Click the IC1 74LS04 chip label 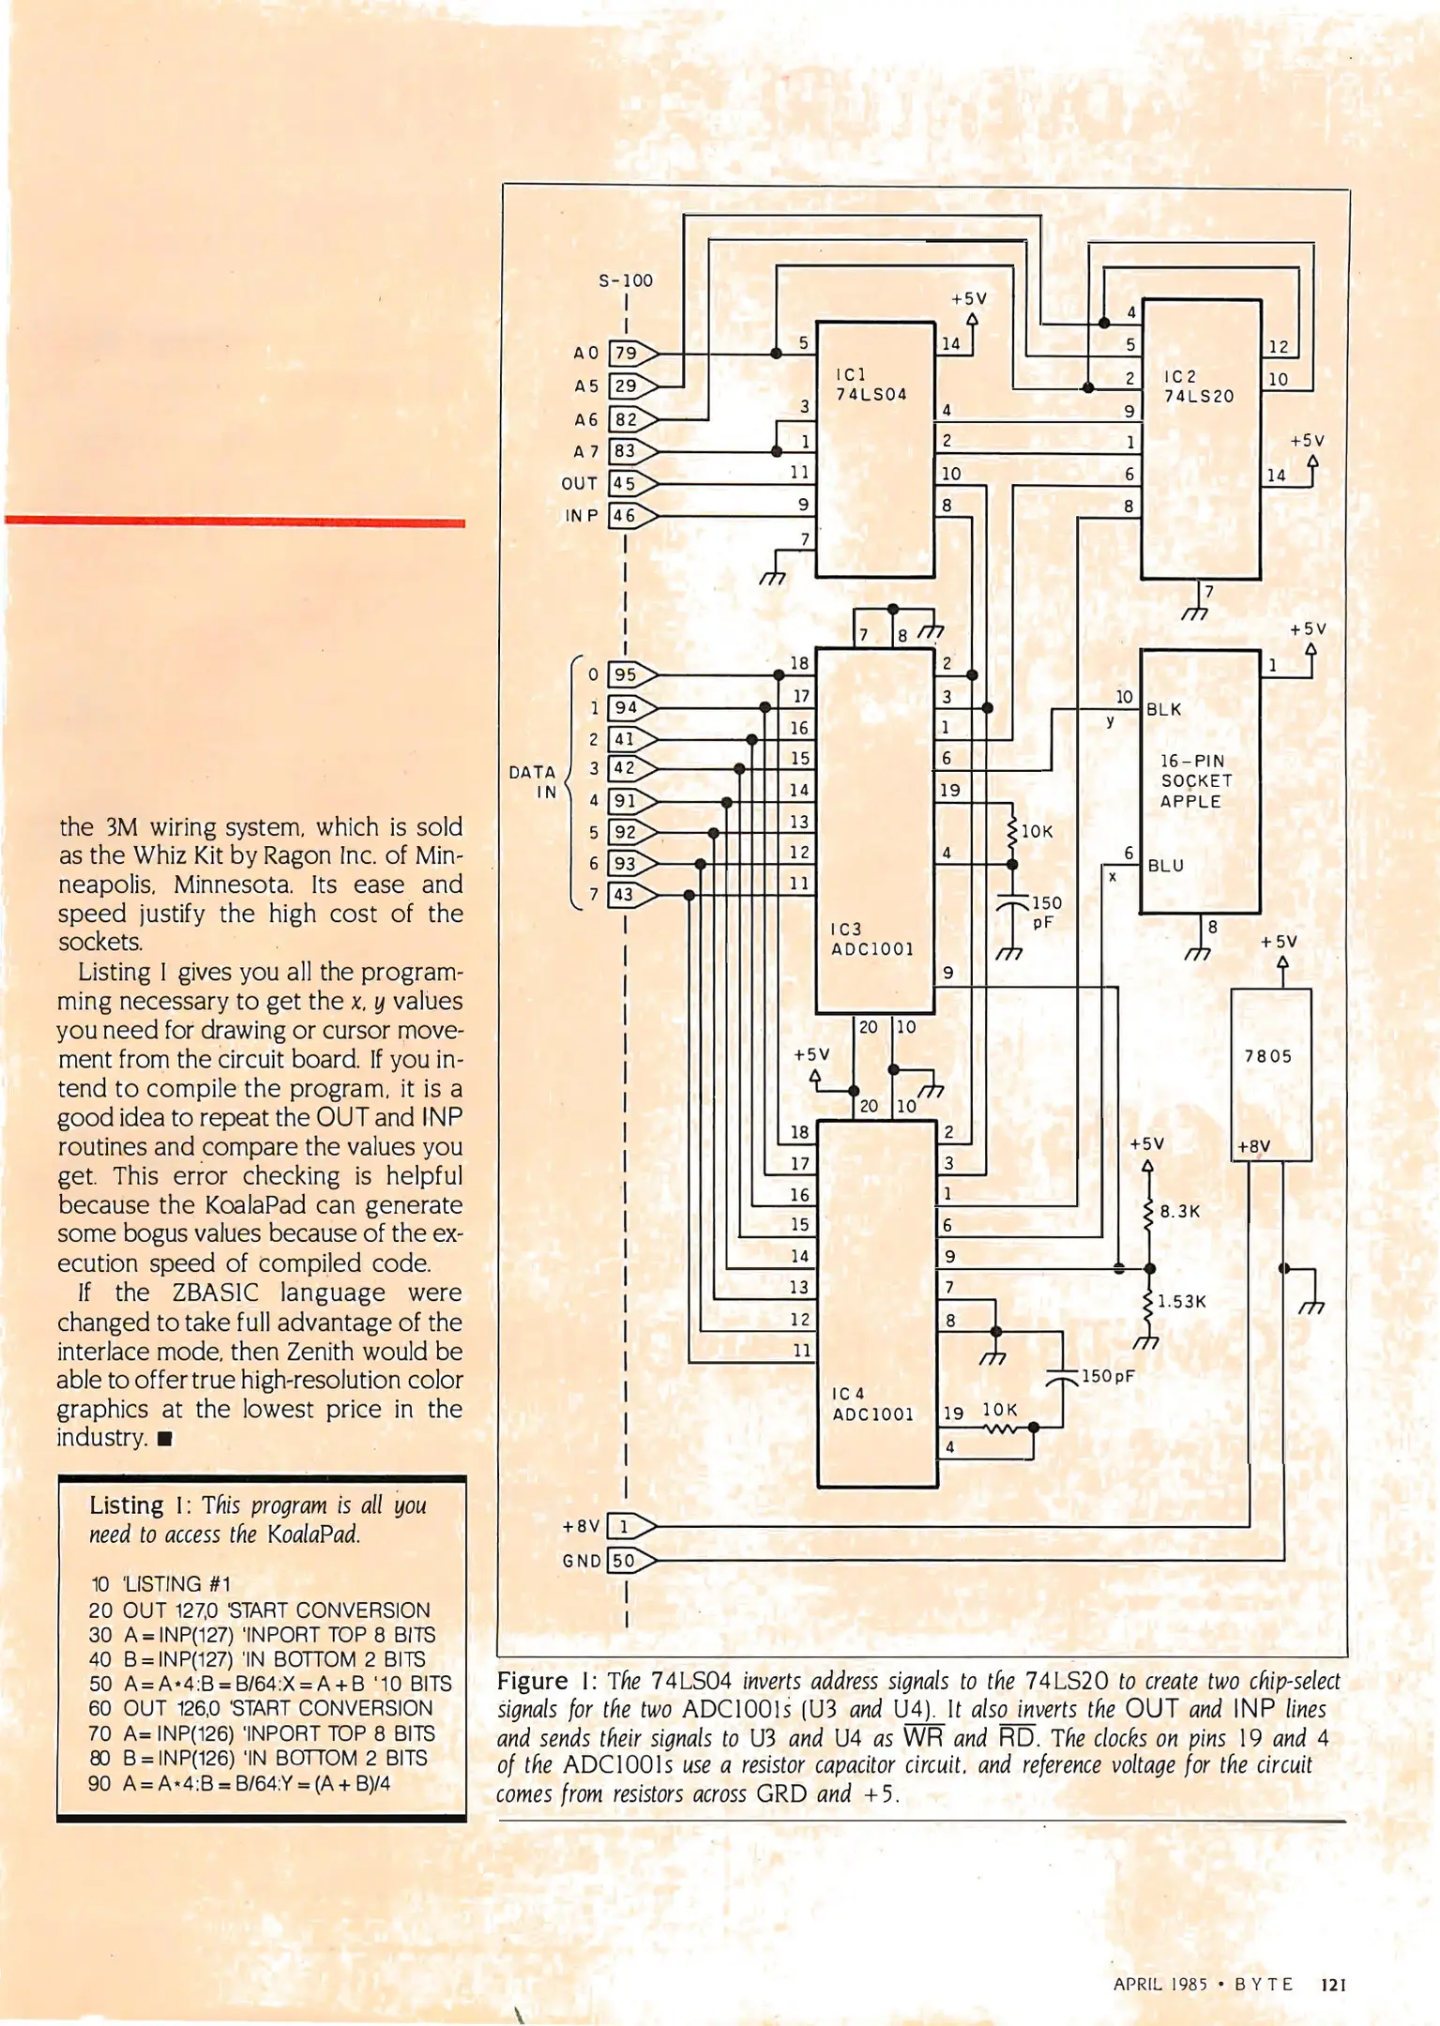[872, 385]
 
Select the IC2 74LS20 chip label [1198, 386]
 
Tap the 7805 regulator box [1270, 1074]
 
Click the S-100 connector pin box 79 [626, 354]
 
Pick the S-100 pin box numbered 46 [624, 515]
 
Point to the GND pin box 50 [624, 1561]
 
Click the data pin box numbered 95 [625, 674]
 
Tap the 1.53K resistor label [1181, 1302]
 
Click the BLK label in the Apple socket [1164, 710]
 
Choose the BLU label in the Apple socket [1166, 866]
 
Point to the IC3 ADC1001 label [872, 939]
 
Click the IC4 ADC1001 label [872, 1404]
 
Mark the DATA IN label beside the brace [533, 782]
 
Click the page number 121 [1333, 1984]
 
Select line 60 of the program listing [261, 1708]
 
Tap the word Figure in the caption [533, 1680]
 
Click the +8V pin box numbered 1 [624, 1526]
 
